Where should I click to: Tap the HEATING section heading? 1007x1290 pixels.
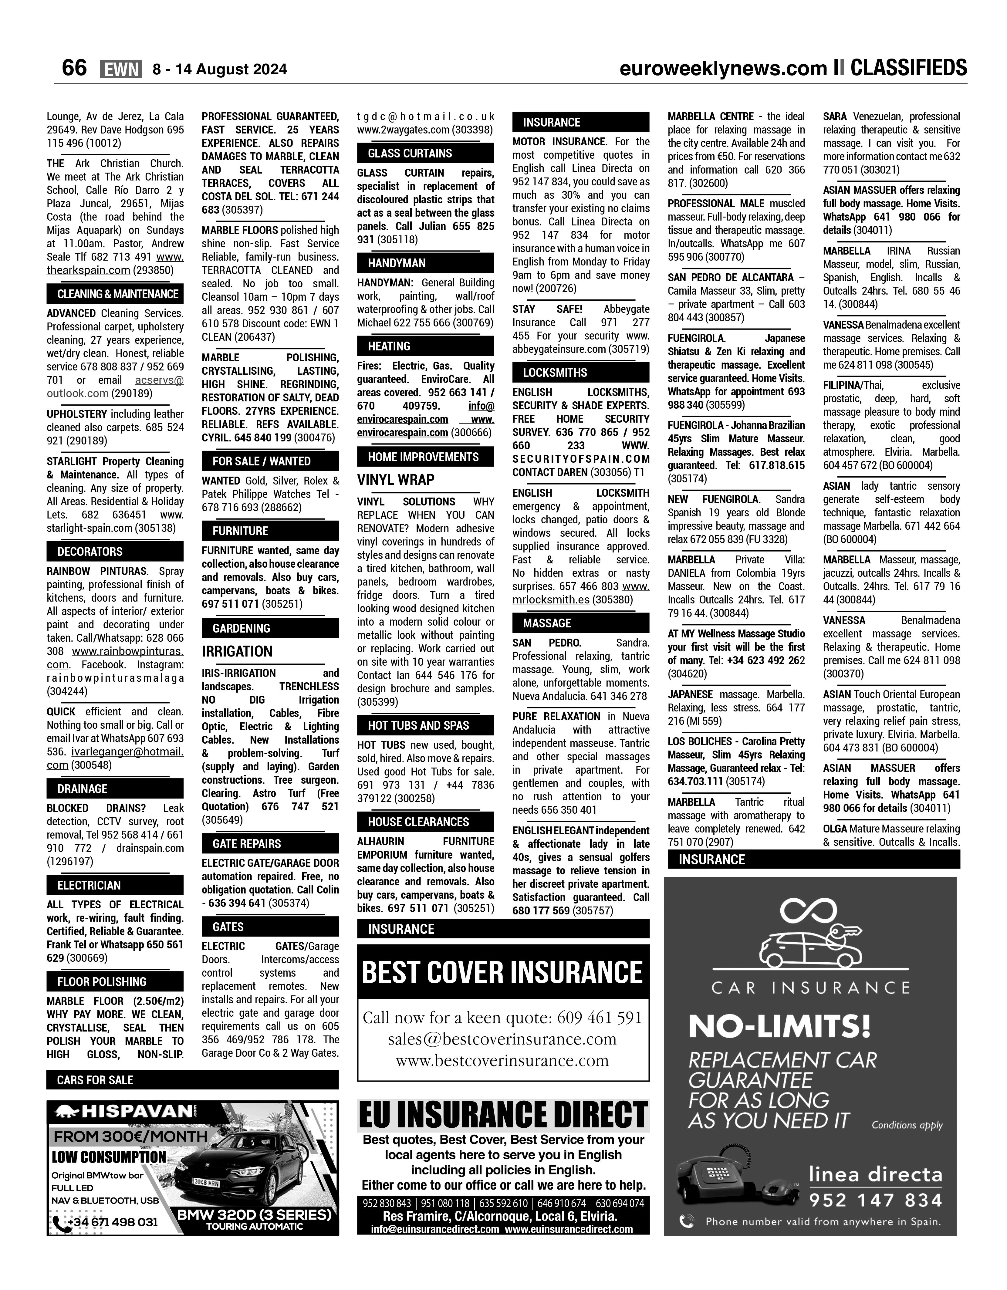click(x=389, y=346)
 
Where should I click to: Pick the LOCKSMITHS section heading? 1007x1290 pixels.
click(x=555, y=373)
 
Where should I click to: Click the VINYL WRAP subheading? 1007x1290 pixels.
click(x=396, y=480)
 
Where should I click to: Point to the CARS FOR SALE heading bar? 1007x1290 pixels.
click(x=95, y=1080)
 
